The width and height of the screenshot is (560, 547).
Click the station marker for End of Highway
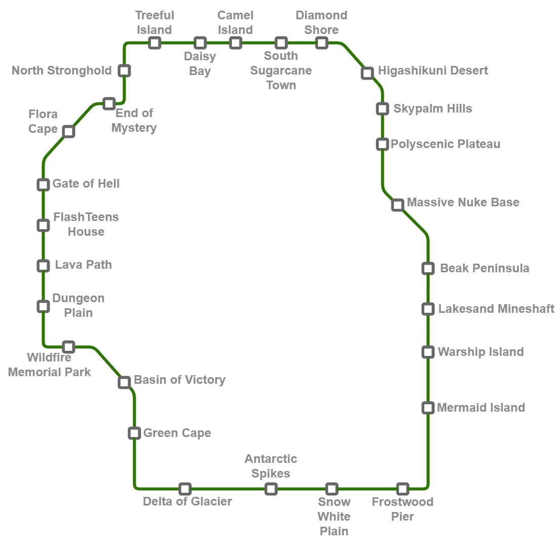109,104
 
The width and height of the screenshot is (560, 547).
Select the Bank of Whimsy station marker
125,382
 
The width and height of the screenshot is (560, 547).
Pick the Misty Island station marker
428,352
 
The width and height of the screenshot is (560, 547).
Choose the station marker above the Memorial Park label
68,347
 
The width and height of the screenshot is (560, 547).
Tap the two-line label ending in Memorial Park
51,365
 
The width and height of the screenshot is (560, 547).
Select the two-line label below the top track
202,63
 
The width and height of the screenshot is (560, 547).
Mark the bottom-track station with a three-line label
332,489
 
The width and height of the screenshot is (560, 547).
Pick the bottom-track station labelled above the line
271,489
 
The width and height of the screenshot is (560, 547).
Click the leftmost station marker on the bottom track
185,489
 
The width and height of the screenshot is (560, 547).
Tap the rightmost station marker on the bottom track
403,489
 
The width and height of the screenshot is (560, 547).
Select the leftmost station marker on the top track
154,43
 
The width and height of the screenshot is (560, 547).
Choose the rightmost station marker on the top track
322,43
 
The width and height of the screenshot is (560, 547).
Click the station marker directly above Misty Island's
428,308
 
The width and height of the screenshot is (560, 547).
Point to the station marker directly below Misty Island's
428,408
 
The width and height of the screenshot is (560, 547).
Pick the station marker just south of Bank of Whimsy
134,433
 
